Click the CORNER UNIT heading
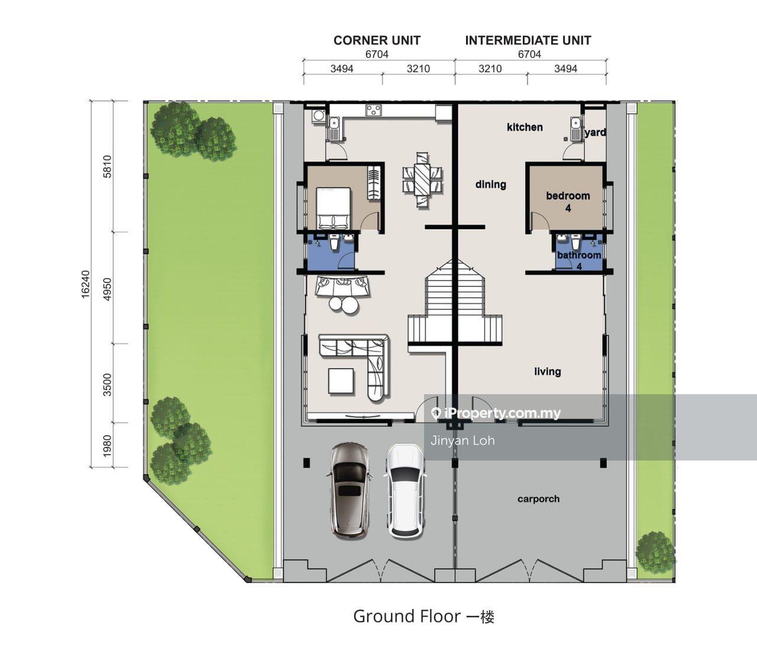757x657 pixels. [377, 40]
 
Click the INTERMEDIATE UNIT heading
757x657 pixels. [528, 40]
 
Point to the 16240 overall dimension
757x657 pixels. [85, 284]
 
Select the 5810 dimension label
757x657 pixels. [107, 166]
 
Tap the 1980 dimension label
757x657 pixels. [107, 446]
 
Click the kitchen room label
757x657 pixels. [525, 127]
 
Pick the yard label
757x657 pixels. [595, 133]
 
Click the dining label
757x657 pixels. [491, 184]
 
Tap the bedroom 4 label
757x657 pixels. [568, 202]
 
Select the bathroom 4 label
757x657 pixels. [579, 260]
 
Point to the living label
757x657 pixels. [548, 371]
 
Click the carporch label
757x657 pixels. [538, 499]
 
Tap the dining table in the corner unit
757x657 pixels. [422, 180]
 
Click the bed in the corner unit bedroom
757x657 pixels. [334, 208]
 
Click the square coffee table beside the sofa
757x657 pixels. [341, 381]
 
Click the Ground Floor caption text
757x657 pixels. [423, 617]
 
